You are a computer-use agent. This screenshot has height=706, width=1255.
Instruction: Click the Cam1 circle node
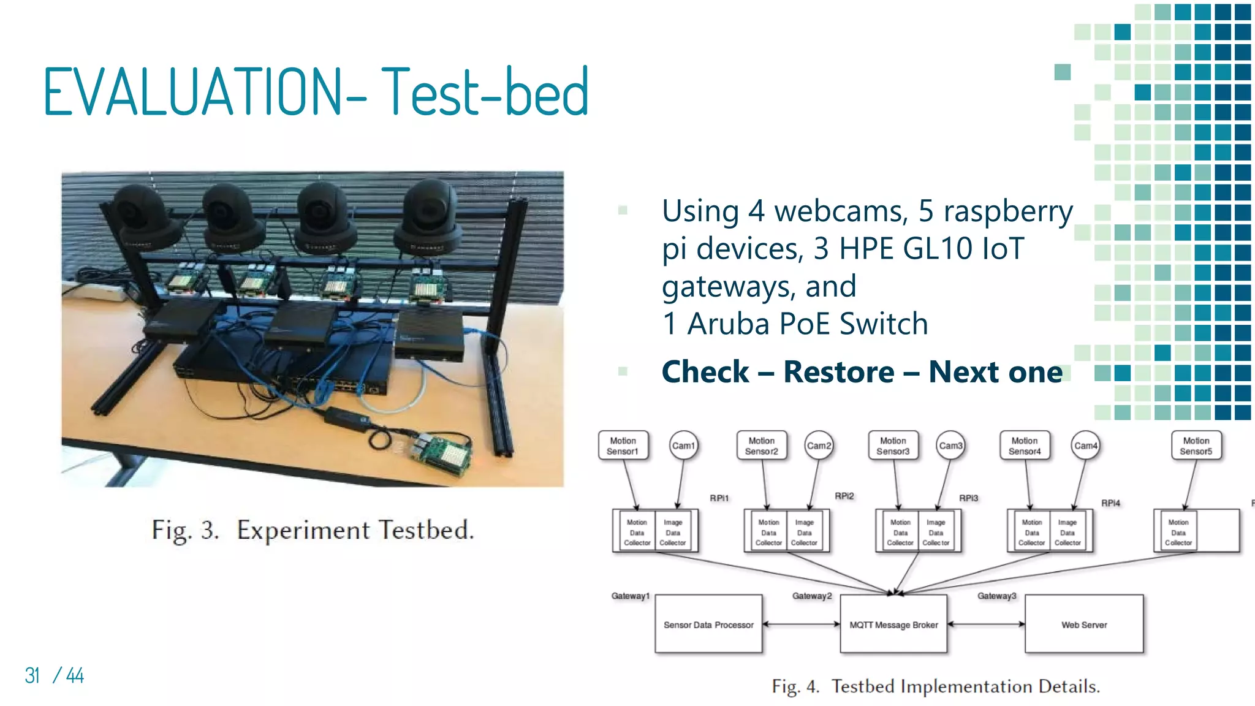click(683, 446)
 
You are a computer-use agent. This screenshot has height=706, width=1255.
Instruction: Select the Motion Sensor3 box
click(893, 446)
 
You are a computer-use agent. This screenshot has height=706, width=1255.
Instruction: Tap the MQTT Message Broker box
click(893, 624)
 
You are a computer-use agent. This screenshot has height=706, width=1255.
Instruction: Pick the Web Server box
click(1083, 624)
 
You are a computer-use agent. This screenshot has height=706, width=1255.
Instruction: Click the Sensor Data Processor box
click(708, 624)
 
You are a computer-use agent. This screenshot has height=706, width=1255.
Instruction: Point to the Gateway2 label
click(812, 596)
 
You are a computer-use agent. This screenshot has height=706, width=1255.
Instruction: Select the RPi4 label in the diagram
click(1110, 503)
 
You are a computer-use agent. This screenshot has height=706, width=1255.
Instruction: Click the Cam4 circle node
click(1085, 446)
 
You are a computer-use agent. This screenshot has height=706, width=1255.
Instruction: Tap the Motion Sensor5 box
click(1196, 446)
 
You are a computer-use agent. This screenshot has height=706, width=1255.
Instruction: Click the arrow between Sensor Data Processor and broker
click(801, 624)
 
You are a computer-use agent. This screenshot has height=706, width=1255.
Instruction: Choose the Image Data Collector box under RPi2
click(804, 532)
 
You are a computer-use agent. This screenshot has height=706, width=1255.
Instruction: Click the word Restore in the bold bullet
click(838, 372)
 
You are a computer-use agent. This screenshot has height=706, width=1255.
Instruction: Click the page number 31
click(32, 675)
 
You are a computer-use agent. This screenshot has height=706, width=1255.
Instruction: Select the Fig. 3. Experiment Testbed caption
click(313, 530)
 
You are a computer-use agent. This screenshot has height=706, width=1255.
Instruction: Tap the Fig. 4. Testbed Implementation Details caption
click(936, 686)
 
